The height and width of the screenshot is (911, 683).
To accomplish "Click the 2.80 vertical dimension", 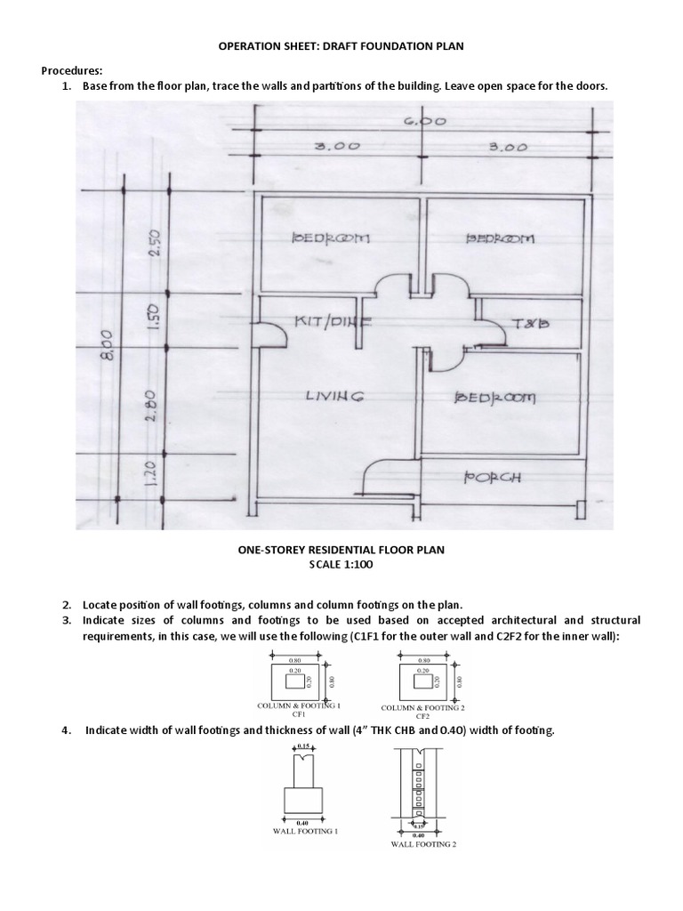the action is click(x=150, y=402).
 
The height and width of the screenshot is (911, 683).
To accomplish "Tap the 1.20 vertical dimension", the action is click(x=150, y=474).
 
